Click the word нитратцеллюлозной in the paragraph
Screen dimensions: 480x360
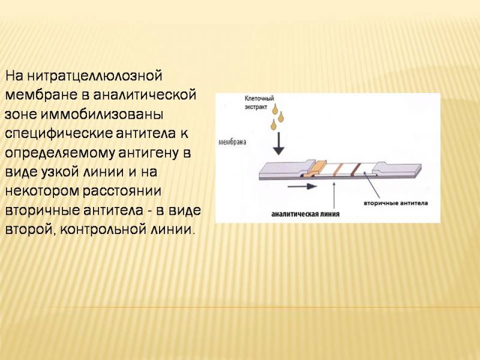click(94, 76)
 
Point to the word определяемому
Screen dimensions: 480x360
click(59, 154)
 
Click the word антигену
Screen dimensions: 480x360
click(149, 154)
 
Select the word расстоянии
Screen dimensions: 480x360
click(122, 191)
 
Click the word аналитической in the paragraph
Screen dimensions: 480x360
click(144, 95)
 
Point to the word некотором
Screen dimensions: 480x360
click(42, 191)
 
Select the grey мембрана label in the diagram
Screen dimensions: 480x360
click(232, 142)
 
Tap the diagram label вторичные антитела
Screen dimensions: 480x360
click(395, 203)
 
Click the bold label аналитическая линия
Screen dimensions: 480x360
click(305, 214)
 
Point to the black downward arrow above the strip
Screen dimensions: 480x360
click(278, 143)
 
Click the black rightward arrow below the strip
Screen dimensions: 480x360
click(302, 186)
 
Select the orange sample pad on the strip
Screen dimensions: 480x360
click(317, 168)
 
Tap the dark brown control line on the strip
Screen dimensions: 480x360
click(356, 170)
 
